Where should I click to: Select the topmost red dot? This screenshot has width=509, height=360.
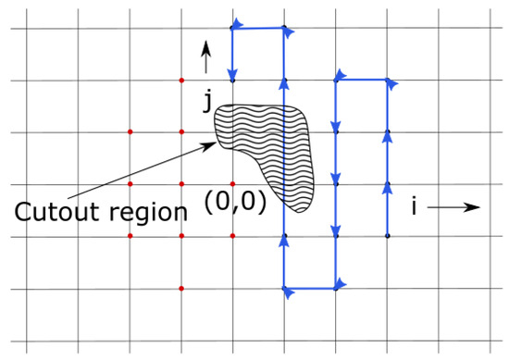coord(181,81)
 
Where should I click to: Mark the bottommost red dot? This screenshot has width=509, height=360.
coord(181,289)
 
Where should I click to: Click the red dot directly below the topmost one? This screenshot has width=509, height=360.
coord(181,132)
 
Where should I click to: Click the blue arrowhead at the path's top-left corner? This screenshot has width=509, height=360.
coord(235,22)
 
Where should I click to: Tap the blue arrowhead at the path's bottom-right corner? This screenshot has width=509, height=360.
coord(341,282)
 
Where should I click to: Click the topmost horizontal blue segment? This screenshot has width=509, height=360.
coord(258,29)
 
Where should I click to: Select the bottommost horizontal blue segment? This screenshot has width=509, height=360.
coord(310,289)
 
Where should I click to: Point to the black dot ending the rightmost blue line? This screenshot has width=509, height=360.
coord(388,236)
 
